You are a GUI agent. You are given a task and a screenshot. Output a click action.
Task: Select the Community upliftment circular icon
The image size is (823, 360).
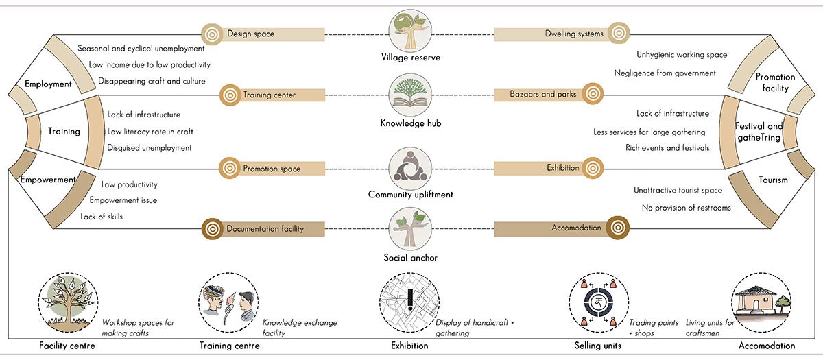click(410, 167)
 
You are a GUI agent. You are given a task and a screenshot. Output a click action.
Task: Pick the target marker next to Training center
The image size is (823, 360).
click(229, 95)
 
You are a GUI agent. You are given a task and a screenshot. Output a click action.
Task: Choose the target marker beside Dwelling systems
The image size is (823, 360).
click(618, 33)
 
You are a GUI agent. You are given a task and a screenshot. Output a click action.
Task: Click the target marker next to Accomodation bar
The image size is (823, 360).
click(617, 228)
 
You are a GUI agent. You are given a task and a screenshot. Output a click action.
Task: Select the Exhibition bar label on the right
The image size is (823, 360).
click(562, 168)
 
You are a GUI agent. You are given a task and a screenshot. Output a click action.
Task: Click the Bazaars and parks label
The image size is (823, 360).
click(542, 94)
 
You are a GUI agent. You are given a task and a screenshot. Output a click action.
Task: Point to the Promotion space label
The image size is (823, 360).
click(272, 168)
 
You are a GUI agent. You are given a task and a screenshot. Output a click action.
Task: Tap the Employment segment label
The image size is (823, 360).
click(48, 84)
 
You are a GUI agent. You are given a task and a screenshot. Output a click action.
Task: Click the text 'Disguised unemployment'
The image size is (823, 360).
click(150, 147)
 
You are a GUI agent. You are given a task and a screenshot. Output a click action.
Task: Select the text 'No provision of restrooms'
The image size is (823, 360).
click(686, 208)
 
